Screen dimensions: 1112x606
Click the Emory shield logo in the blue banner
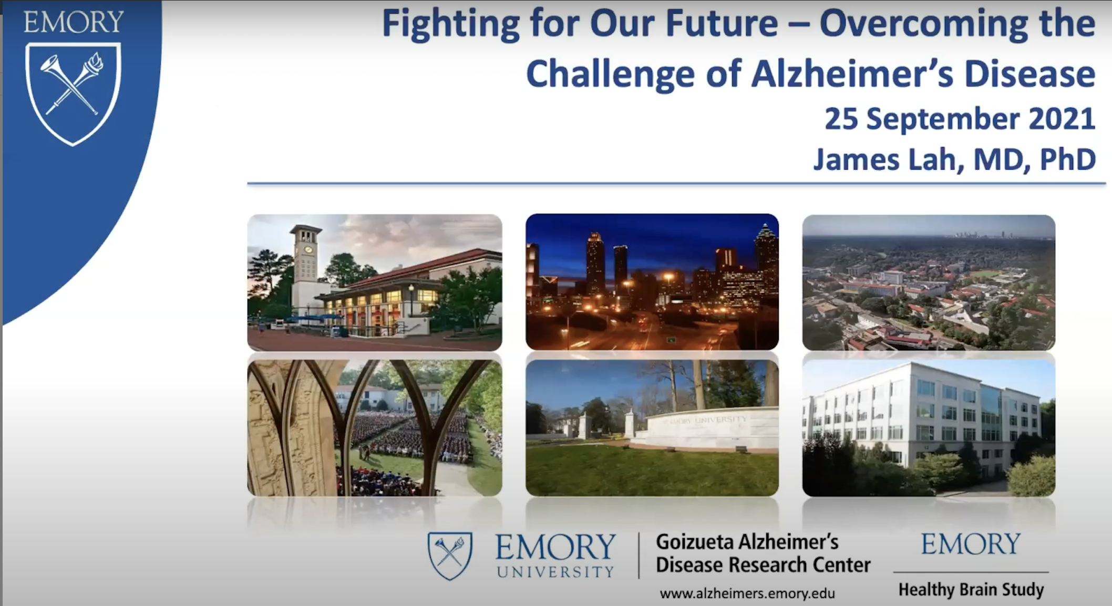click(73, 93)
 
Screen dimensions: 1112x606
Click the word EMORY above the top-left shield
click(74, 22)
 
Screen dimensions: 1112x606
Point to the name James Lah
click(888, 159)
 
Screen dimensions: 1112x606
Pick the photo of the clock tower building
click(375, 283)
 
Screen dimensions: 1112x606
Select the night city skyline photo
click(652, 282)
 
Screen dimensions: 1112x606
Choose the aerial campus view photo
click(929, 283)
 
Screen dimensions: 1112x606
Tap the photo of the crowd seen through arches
click(375, 428)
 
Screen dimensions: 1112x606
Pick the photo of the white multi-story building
click(929, 428)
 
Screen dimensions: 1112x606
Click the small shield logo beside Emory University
click(450, 556)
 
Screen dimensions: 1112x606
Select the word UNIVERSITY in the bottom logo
click(555, 571)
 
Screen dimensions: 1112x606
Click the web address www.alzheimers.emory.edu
click(747, 594)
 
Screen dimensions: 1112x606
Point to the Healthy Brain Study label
click(971, 590)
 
